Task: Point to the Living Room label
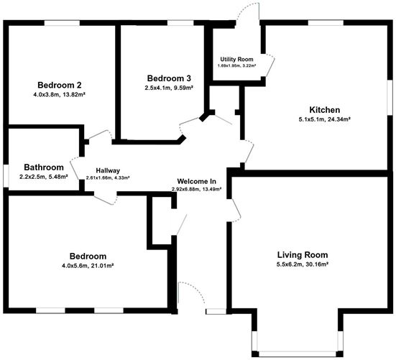303,254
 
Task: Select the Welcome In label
197,180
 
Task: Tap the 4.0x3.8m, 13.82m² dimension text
60,93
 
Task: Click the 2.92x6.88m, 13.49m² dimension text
196,189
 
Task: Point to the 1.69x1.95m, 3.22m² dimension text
237,65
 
